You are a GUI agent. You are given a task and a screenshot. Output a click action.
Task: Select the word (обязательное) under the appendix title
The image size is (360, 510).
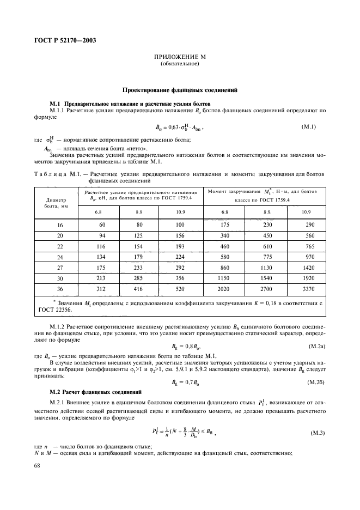click(180, 64)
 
